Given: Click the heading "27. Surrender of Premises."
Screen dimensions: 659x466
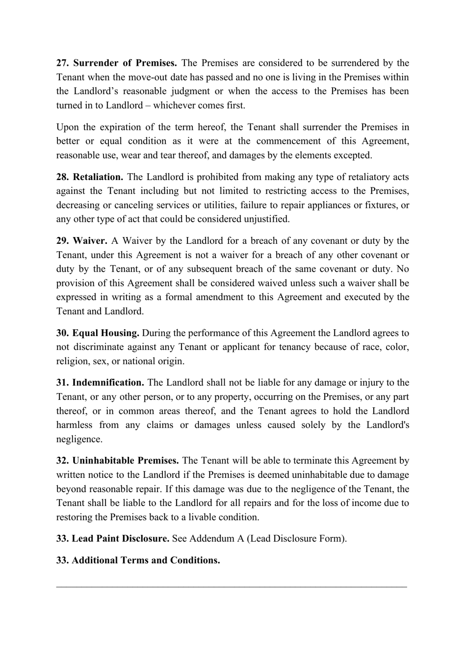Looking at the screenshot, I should (117, 63).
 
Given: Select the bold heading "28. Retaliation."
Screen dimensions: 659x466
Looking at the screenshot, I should (90, 177).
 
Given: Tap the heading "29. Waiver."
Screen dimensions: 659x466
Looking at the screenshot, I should (82, 240).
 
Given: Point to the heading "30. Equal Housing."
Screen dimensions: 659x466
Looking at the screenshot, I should (98, 333).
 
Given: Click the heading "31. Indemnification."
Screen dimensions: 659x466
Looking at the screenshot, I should (100, 382).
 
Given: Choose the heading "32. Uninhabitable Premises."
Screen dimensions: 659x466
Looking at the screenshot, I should (118, 460).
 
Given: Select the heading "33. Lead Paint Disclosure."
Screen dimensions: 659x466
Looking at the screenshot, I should (113, 538).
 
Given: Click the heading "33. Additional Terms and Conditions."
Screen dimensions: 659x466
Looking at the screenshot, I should (138, 560).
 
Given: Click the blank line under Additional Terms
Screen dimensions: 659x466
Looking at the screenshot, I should (232, 585).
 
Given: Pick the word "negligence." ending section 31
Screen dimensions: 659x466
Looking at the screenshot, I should (79, 439).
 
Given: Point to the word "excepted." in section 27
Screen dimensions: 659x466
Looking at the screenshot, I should (354, 155).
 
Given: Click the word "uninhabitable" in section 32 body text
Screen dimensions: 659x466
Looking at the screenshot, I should (323, 474).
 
